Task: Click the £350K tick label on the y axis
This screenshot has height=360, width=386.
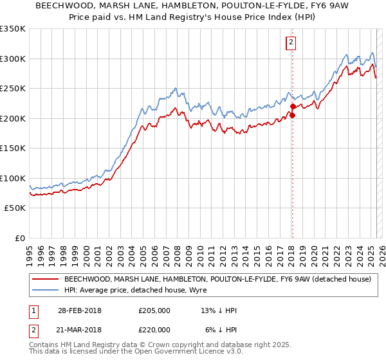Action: click(x=13, y=29)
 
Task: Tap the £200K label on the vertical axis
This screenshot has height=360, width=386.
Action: click(x=13, y=118)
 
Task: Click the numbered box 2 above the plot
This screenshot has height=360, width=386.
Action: click(x=291, y=43)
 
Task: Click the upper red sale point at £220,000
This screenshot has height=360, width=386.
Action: click(x=292, y=106)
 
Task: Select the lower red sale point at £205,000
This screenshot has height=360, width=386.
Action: click(x=292, y=116)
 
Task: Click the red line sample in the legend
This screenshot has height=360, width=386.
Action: click(x=45, y=279)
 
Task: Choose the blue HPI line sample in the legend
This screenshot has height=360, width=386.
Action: click(x=45, y=290)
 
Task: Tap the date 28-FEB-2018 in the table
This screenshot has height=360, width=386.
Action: click(x=79, y=310)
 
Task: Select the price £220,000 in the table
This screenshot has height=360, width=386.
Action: click(x=154, y=330)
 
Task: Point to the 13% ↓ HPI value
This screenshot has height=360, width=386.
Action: click(x=219, y=310)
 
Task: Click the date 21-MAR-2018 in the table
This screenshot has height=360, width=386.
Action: click(x=79, y=330)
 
